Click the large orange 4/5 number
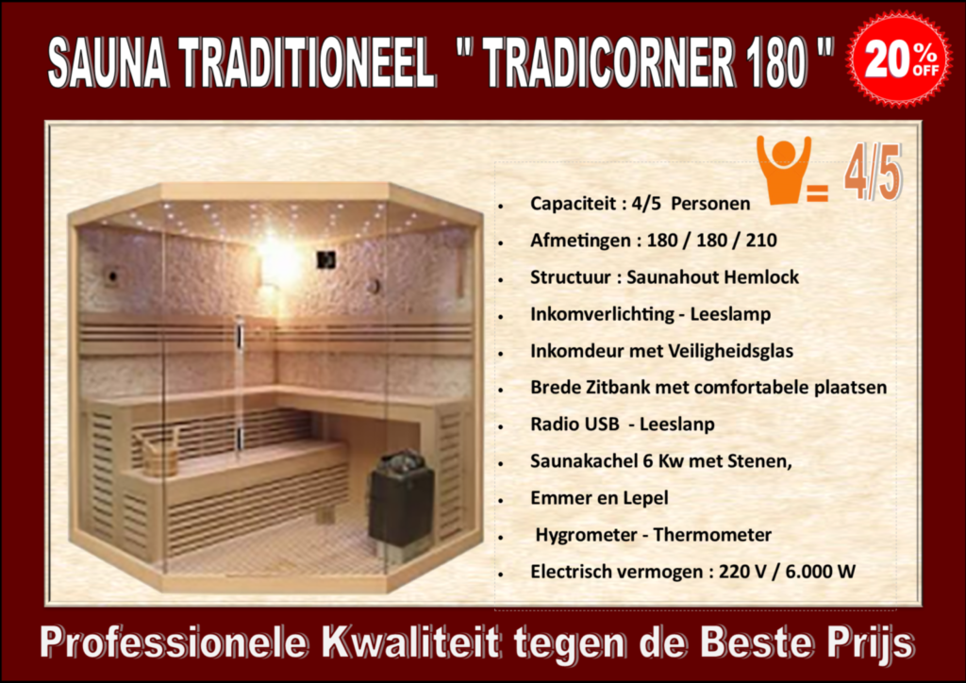click(x=873, y=173)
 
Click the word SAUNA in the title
click(x=108, y=62)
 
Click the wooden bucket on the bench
click(x=159, y=453)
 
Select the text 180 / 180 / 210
click(x=711, y=241)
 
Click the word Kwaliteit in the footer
click(x=411, y=642)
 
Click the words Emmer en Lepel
click(x=599, y=498)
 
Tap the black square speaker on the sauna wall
click(x=325, y=259)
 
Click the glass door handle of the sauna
click(x=239, y=388)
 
